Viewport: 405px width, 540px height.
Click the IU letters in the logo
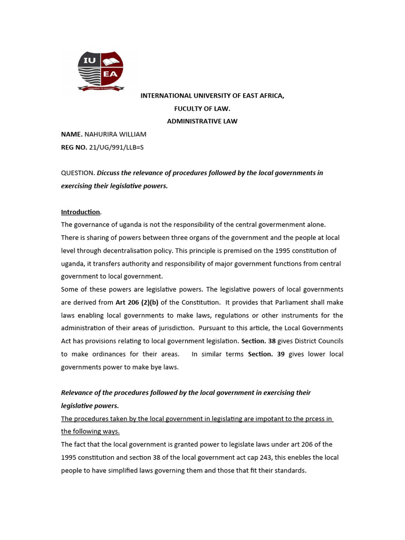(89, 61)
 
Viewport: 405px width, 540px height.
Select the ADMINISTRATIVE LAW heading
(202, 121)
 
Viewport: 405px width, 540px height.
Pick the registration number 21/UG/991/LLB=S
(117, 148)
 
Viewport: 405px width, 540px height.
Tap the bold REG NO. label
(74, 148)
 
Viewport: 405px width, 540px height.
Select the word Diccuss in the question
(109, 173)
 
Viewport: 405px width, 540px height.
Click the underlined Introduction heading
(80, 212)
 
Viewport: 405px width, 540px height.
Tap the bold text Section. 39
(266, 354)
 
